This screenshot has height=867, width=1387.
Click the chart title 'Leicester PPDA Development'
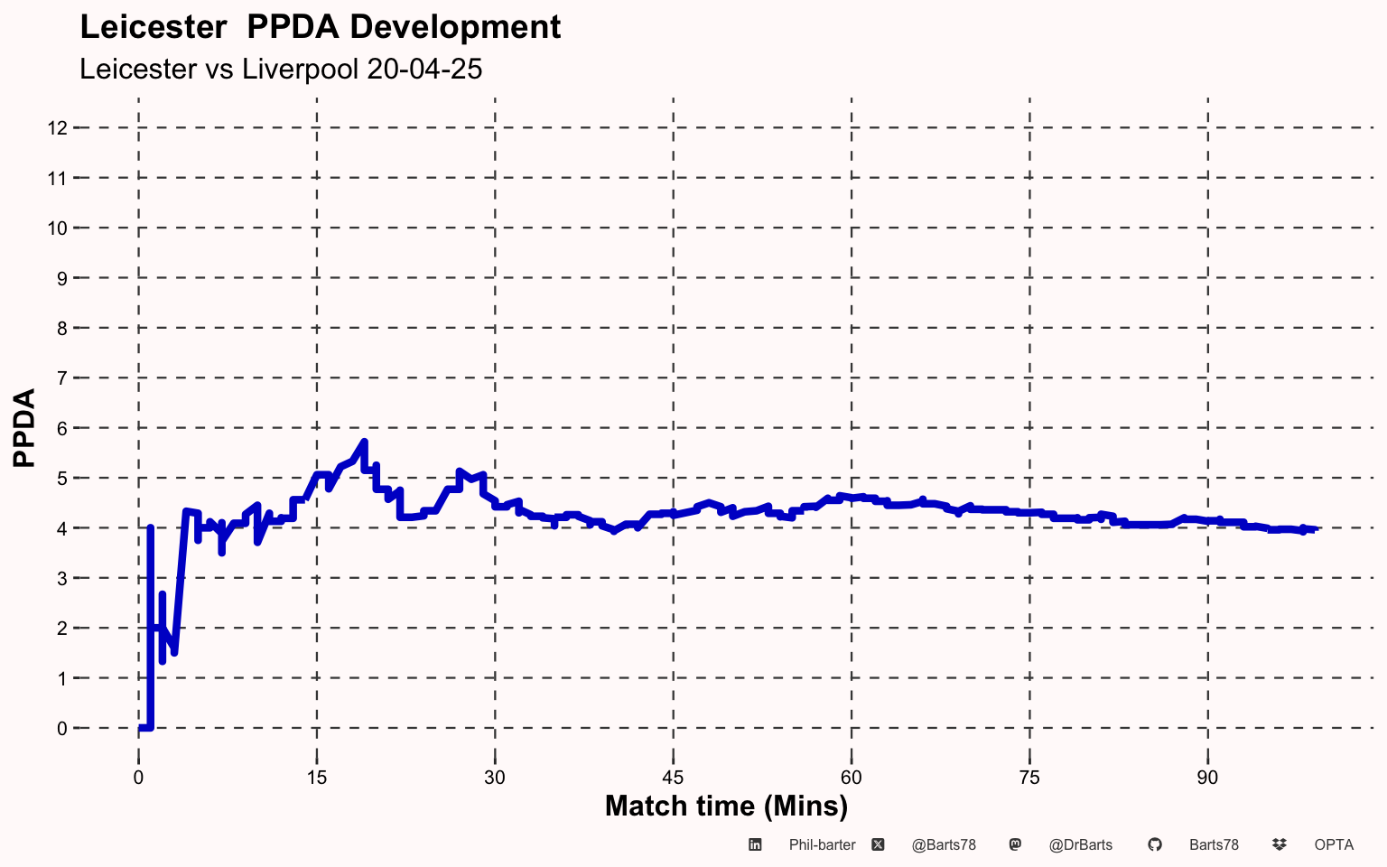click(321, 27)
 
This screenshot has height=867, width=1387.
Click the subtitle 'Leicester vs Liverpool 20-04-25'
click(281, 69)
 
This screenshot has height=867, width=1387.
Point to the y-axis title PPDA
click(24, 427)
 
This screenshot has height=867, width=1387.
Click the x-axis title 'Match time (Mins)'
click(726, 806)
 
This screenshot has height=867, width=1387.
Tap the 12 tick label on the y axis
click(58, 128)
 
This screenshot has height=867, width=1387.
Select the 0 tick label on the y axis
click(62, 728)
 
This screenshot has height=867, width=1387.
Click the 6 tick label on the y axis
click(62, 429)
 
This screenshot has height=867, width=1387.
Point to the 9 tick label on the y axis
click(62, 279)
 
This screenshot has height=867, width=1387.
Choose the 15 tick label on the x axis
click(316, 778)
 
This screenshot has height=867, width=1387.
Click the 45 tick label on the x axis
click(673, 778)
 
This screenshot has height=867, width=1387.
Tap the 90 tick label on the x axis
click(1207, 778)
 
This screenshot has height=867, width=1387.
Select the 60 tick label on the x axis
click(852, 778)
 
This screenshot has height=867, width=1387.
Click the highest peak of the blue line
click(365, 442)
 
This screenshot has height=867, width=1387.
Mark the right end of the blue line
click(1315, 529)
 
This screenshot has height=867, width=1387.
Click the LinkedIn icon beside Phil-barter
click(755, 844)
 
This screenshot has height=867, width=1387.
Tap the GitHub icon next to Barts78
click(1155, 844)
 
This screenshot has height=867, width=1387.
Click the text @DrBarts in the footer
click(1081, 845)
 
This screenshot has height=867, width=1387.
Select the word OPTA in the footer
click(1334, 844)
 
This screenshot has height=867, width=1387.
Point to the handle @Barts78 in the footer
click(944, 845)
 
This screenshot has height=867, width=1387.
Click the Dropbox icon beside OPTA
click(1280, 844)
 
